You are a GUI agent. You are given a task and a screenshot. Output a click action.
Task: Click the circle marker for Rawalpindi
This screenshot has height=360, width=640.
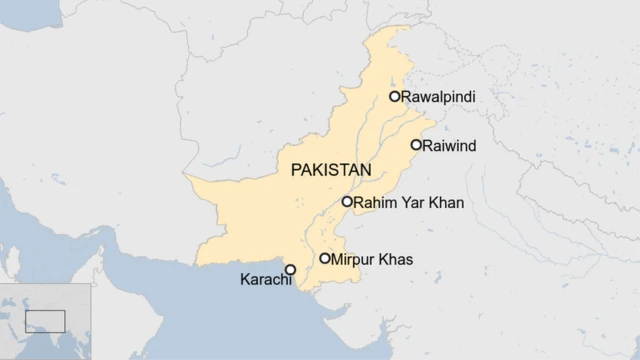pyautogui.click(x=395, y=97)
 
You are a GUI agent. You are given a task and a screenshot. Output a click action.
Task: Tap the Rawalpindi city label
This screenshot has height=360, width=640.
pyautogui.click(x=438, y=97)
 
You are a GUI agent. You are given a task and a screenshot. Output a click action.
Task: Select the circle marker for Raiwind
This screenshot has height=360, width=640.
pyautogui.click(x=416, y=145)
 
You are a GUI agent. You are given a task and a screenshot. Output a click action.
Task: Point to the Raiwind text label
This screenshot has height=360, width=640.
pyautogui.click(x=449, y=146)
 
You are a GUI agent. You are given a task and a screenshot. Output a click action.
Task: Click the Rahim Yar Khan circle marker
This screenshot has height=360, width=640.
pyautogui.click(x=347, y=202)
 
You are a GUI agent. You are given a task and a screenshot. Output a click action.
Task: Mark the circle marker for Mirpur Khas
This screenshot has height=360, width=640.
pyautogui.click(x=325, y=259)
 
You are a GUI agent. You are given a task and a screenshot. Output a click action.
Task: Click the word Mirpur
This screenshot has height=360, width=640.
pyautogui.click(x=355, y=259)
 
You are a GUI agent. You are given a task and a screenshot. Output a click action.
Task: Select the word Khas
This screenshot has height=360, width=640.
pyautogui.click(x=397, y=259)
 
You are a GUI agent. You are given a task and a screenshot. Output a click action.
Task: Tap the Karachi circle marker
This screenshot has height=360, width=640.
pyautogui.click(x=291, y=270)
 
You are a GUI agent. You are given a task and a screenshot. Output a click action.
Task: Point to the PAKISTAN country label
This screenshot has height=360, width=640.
pyautogui.click(x=330, y=171)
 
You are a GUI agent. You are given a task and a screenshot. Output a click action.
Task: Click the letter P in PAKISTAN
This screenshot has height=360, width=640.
pyautogui.click(x=296, y=171)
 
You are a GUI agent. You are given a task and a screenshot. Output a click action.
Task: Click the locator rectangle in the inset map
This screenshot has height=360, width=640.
pyautogui.click(x=45, y=321)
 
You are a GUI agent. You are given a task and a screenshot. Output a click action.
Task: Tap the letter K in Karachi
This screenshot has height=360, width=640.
pyautogui.click(x=244, y=280)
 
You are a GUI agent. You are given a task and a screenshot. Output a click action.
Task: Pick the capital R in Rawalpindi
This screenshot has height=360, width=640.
pyautogui.click(x=407, y=97)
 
